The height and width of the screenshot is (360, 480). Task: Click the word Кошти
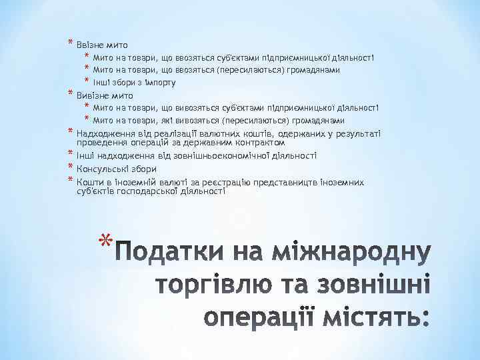pyautogui.click(x=89, y=181)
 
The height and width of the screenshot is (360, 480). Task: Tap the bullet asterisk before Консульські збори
pyautogui.click(x=69, y=167)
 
